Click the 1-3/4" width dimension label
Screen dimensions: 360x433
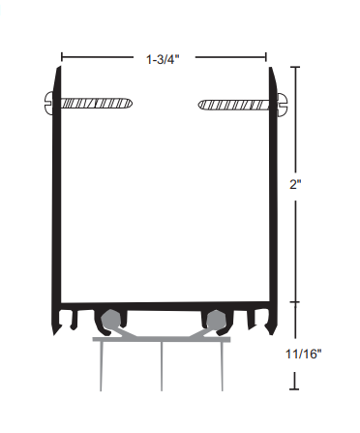163,59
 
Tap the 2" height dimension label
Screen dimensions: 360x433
295,185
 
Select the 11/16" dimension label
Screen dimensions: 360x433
304,354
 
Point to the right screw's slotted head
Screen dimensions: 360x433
282,104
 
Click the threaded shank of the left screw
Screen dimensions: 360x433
97,104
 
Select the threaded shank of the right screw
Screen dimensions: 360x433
233,105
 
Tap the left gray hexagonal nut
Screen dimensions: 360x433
110,320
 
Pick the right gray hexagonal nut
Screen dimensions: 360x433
216,320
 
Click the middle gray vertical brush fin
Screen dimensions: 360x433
162,366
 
